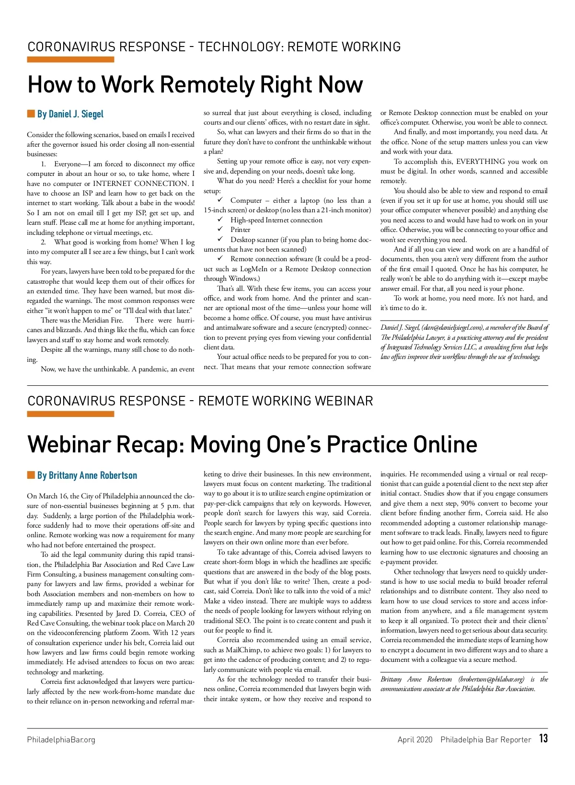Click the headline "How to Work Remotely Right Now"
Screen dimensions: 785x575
click(195, 85)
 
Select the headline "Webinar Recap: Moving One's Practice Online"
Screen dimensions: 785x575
click(252, 444)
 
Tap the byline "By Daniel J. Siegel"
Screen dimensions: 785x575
click(70, 114)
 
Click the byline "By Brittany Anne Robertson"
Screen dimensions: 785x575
click(87, 475)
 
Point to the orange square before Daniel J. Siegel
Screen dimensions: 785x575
click(31, 114)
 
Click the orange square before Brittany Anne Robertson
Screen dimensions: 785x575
click(31, 475)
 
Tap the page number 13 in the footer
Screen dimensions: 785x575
click(543, 739)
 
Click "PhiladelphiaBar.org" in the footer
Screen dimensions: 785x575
click(61, 739)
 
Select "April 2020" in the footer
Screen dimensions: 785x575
click(414, 739)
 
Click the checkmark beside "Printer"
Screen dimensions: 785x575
click(220, 230)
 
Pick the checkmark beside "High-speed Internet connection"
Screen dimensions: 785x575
click(220, 220)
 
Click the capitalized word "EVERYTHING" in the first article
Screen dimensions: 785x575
click(480, 162)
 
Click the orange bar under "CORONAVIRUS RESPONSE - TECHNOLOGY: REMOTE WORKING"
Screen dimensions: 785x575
click(70, 59)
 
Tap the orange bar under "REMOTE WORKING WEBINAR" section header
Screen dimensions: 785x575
click(70, 414)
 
